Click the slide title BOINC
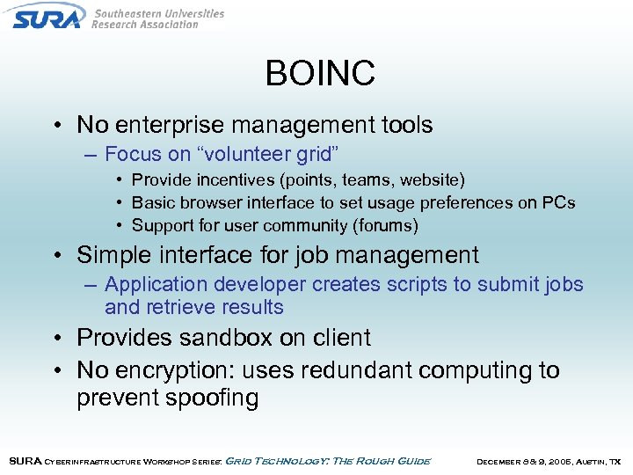tap(320, 73)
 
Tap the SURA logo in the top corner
tap(46, 17)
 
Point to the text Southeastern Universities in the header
tap(158, 13)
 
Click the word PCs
tap(558, 202)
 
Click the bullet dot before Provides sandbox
tap(55, 339)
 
